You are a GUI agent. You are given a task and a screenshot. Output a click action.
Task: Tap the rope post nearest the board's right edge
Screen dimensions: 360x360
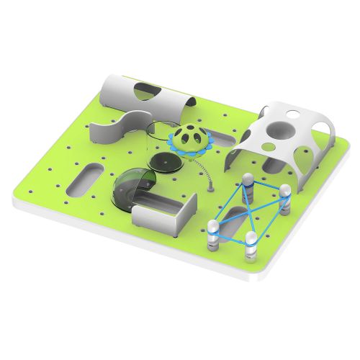[x=285, y=197]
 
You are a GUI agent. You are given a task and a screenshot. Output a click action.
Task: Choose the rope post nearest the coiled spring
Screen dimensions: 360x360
[x=246, y=183]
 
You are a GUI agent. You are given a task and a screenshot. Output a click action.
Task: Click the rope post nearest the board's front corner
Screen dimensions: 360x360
[x=252, y=245]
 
